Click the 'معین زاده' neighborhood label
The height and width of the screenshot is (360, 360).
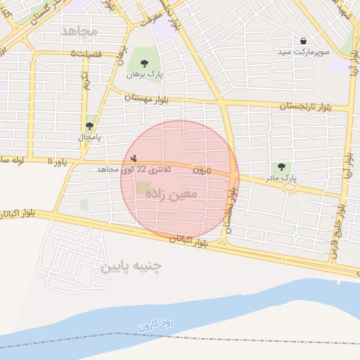coord(174,192)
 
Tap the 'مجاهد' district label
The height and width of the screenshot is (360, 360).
coord(78,32)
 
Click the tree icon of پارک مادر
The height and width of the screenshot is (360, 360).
coord(281,167)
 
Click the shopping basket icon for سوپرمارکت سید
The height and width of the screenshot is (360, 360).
coord(303,41)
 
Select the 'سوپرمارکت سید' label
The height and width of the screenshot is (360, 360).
coord(302,52)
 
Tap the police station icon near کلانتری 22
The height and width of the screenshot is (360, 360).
coord(134,158)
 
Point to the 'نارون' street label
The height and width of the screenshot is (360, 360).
coord(202,170)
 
